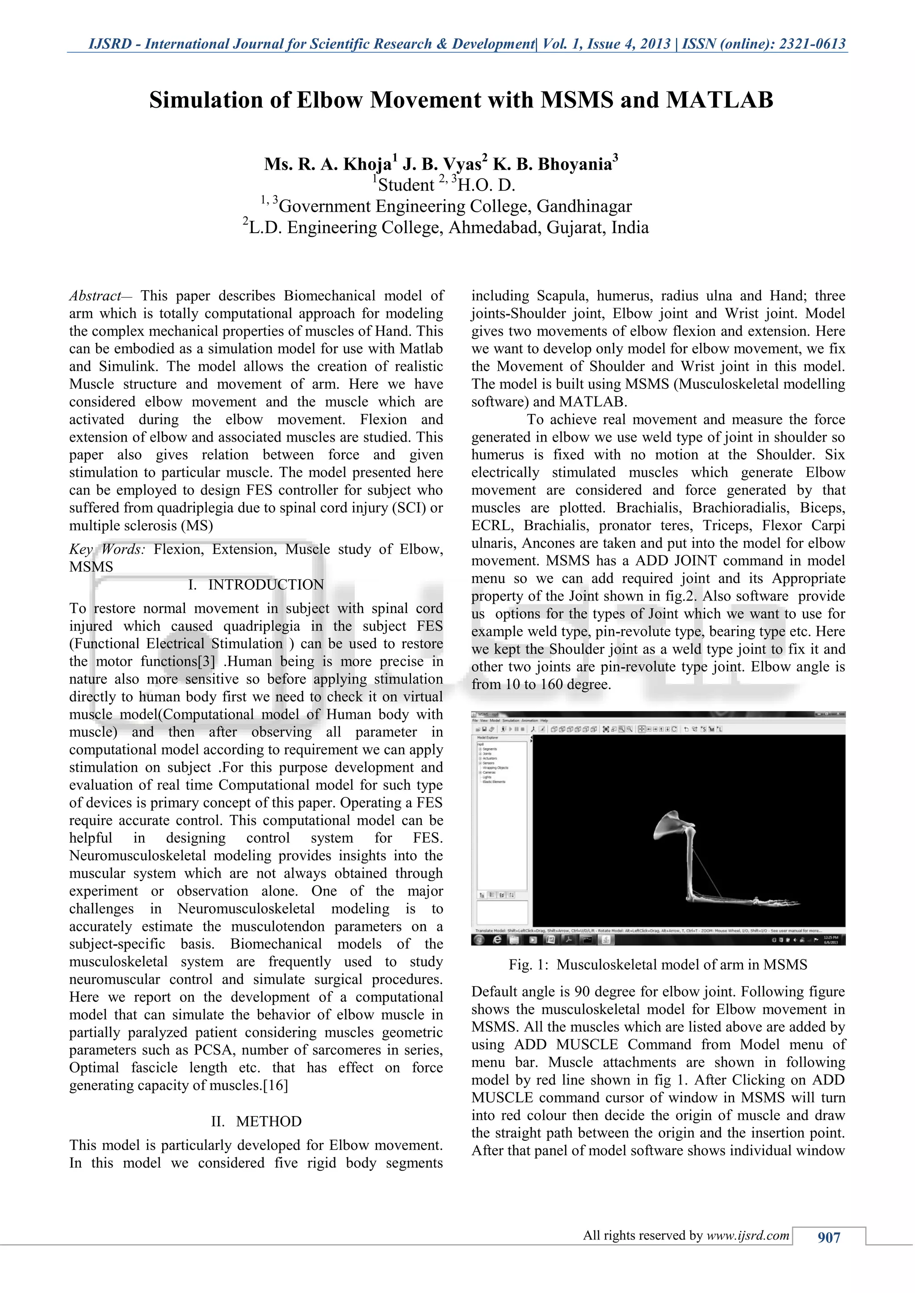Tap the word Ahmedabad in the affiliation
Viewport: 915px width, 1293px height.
[494, 228]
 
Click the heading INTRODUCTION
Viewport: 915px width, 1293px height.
[266, 584]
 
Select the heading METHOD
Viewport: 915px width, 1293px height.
[269, 1121]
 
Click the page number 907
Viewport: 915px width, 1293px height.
[829, 1237]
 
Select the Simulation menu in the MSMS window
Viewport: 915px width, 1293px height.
[511, 720]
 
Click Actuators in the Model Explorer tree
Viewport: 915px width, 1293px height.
[490, 758]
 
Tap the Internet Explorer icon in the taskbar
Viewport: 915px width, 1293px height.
[497, 940]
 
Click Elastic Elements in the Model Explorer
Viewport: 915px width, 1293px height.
[494, 782]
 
